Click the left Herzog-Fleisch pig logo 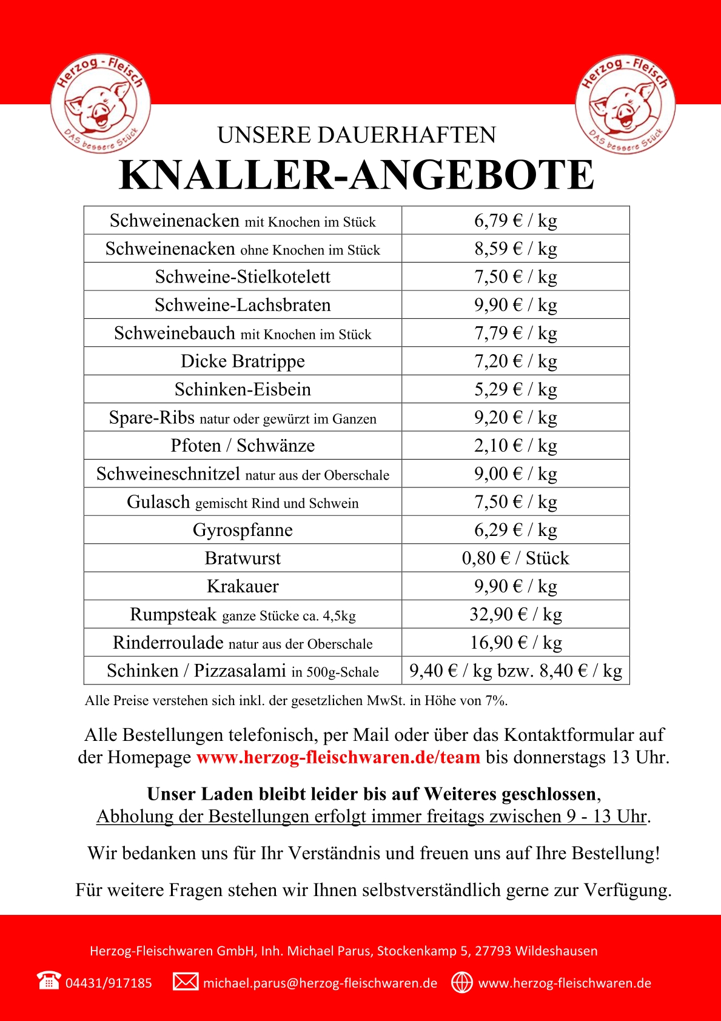coord(101,102)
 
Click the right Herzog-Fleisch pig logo coord(625,104)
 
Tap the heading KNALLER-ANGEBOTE coord(357,175)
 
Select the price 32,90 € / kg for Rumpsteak coord(515,614)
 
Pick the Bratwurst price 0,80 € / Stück coord(515,558)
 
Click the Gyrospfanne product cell coord(243,530)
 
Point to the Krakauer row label coord(243,586)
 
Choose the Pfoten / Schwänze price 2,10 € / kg coord(515,446)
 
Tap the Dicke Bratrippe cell coord(243,361)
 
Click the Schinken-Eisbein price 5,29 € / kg coord(515,389)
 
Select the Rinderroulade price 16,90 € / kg coord(515,643)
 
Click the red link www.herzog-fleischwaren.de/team coord(338,757)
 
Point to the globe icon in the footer coord(462,982)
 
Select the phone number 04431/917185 coord(109,983)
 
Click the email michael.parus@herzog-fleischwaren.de coord(320,983)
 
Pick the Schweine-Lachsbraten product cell coord(243,305)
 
